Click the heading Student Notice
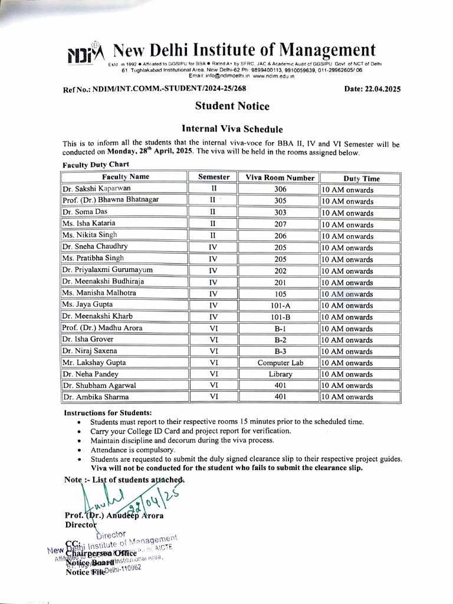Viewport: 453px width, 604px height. point(232,107)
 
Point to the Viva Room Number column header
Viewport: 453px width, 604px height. point(280,178)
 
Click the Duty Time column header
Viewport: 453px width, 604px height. point(361,178)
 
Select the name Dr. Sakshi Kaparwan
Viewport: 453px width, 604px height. point(96,189)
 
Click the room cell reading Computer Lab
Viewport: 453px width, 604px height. point(280,363)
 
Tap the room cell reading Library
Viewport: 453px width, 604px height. point(280,374)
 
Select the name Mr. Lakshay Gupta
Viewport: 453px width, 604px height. point(94,363)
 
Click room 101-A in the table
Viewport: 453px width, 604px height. point(280,305)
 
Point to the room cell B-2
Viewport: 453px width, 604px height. point(280,340)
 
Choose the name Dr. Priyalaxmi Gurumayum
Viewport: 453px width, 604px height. point(107,270)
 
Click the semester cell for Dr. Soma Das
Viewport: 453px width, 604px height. point(213,212)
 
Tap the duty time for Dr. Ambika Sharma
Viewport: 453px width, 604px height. point(347,397)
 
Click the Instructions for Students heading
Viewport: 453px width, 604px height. point(107,413)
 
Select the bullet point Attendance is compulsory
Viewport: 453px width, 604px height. point(132,449)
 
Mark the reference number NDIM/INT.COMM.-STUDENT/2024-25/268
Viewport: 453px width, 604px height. point(155,89)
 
